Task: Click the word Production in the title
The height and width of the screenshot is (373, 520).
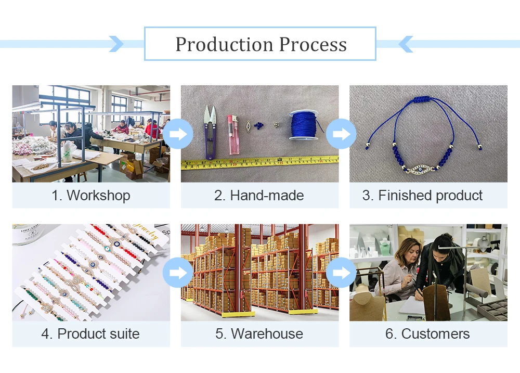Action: point(224,44)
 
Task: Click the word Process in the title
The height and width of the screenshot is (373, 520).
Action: point(313,44)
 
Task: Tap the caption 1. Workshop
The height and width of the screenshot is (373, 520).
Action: point(91,196)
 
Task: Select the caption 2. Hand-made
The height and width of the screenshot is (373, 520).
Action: point(259,196)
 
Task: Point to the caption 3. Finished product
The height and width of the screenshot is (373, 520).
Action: point(422,196)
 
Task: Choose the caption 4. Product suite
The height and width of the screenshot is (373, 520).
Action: point(90,334)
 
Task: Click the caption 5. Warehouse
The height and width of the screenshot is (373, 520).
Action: point(259,334)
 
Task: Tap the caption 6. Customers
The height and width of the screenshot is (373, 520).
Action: point(427,334)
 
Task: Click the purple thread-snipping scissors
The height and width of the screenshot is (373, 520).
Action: point(210,132)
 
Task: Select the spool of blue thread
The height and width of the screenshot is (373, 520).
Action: point(304,125)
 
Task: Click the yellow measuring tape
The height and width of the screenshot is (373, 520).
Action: point(259,163)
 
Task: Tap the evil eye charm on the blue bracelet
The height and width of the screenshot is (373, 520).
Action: point(420,169)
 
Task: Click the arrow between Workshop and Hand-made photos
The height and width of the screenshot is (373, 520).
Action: point(178,134)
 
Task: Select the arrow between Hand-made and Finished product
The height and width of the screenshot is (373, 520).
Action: point(341,134)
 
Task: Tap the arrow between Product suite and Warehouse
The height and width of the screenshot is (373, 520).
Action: point(178,273)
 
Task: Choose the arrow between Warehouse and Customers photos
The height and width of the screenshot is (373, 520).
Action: point(341,273)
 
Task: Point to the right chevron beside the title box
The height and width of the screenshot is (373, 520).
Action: point(405,44)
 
